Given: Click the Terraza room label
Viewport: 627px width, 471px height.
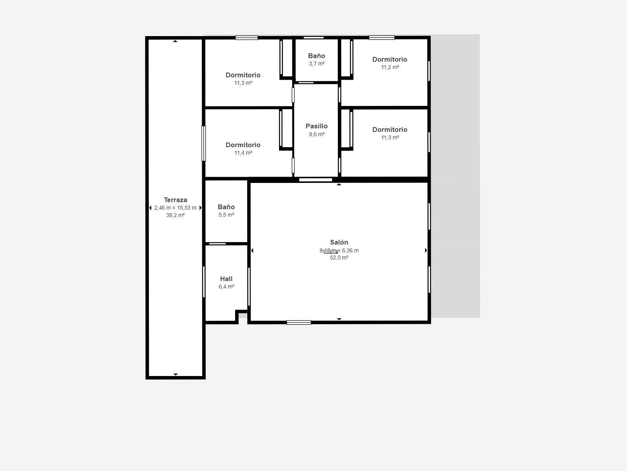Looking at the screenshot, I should point(175,200).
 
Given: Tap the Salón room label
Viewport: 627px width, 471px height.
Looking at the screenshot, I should point(339,242).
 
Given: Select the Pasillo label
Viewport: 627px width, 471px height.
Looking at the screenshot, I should point(317,126).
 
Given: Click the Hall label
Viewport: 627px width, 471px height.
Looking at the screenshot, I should point(226,279).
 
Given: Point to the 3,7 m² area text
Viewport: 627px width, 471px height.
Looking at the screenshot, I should point(317,64).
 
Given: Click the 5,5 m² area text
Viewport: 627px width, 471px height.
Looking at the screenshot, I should point(226,215).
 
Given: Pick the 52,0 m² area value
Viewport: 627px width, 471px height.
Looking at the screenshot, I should point(339,257).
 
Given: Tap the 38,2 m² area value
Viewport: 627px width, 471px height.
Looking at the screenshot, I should point(175,215).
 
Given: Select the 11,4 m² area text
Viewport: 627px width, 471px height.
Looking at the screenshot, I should point(243,153).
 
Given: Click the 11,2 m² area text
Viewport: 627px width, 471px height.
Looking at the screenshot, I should point(390,67).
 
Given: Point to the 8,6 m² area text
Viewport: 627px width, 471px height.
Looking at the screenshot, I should point(317,134).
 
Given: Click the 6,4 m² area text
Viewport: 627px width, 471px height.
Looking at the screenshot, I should point(226,287).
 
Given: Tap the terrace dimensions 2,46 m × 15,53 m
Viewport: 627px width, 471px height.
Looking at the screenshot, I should point(175,208).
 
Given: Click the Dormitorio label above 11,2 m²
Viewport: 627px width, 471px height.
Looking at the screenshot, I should point(390,59).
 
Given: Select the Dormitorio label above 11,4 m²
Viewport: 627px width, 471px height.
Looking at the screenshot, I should point(243,145).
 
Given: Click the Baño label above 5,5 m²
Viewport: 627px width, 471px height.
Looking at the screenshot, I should point(226,207).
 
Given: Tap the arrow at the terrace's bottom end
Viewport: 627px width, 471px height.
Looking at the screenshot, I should point(175,374).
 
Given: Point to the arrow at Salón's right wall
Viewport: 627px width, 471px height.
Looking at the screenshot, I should point(426,250).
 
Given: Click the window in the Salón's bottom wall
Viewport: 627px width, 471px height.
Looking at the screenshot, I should point(299,323).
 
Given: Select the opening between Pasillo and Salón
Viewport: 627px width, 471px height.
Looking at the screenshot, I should point(315,180).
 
